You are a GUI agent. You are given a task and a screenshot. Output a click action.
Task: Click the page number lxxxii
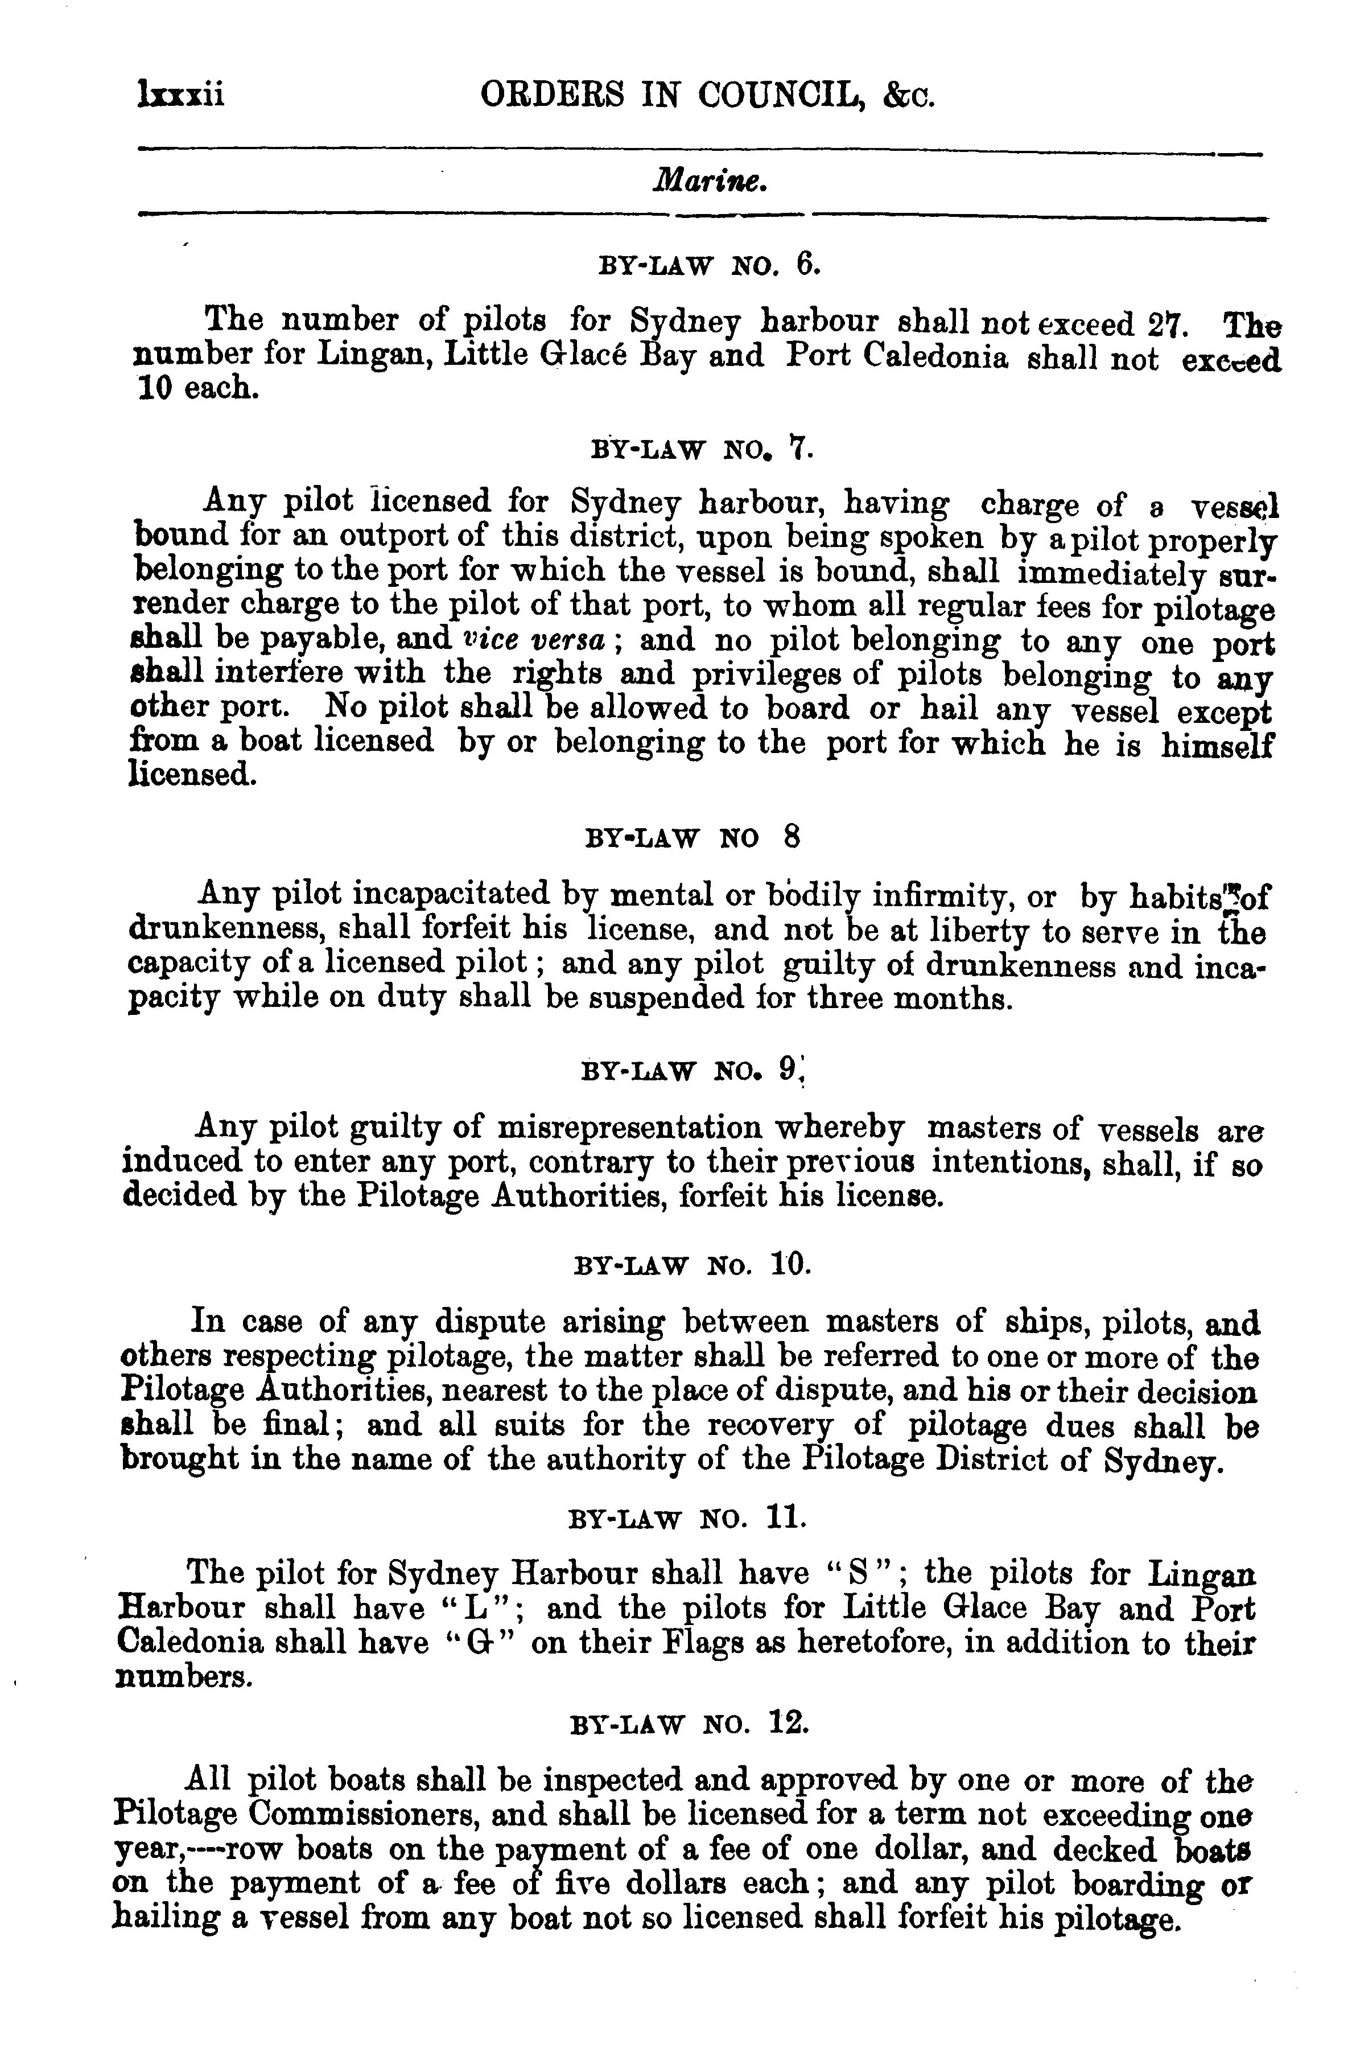pyautogui.click(x=180, y=93)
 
